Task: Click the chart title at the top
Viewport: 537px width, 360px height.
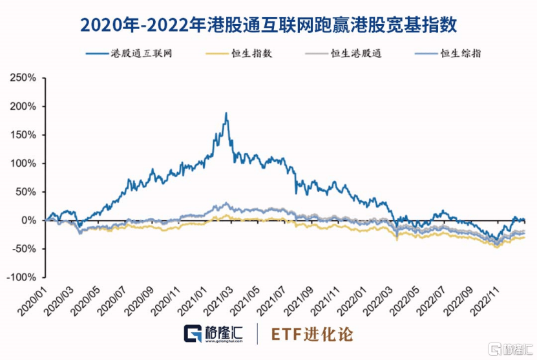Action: [x=268, y=25]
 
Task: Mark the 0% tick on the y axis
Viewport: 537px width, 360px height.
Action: [x=29, y=220]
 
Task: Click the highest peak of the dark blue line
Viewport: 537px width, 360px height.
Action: [x=226, y=114]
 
